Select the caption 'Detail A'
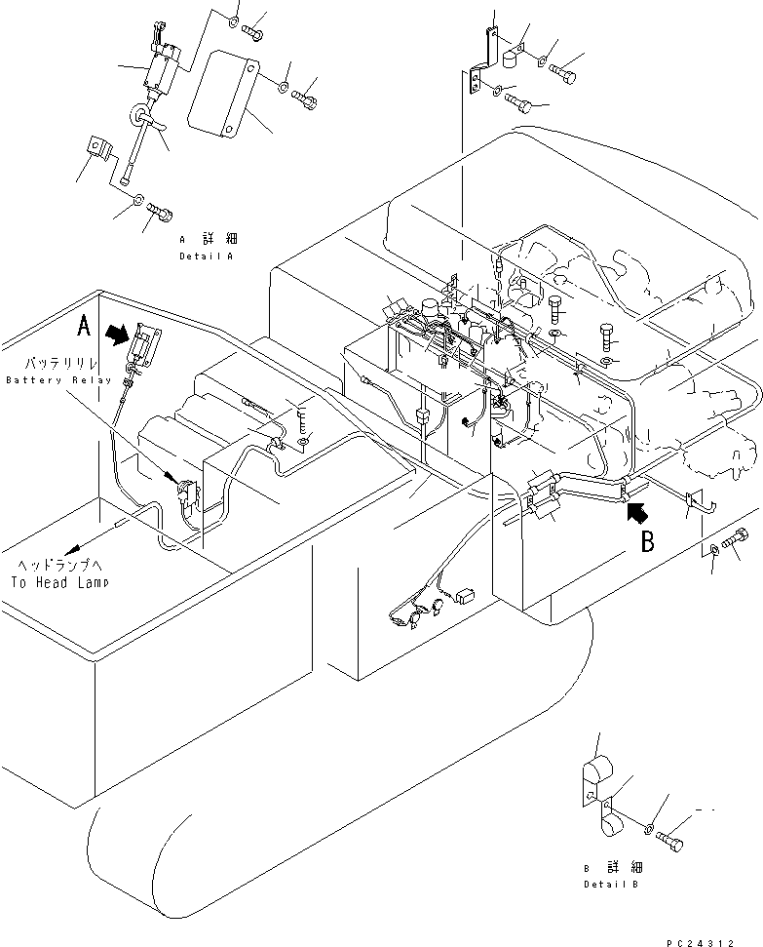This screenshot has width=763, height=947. [207, 256]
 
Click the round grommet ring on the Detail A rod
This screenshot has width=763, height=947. [138, 119]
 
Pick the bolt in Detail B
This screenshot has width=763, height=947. [670, 837]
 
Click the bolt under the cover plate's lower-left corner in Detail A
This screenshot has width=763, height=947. [159, 209]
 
